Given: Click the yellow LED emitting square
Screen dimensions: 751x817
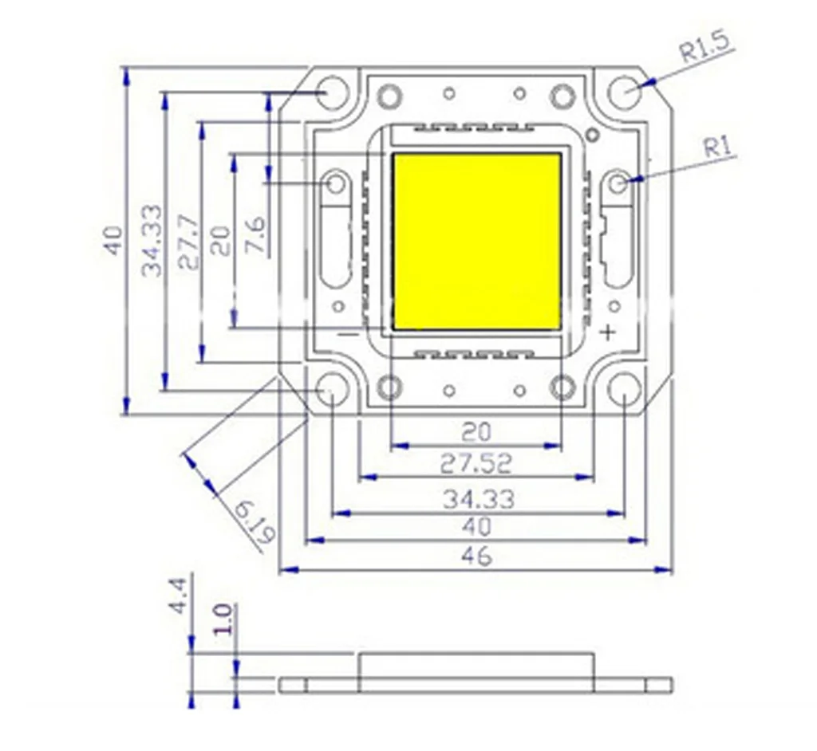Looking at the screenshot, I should point(477,242).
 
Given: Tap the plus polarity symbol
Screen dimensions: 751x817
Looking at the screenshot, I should point(609,332).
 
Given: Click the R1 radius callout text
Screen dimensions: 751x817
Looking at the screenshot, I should point(718,146).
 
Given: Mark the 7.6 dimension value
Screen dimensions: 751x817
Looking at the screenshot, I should point(255,236).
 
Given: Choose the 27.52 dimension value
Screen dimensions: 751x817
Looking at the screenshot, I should point(476,462).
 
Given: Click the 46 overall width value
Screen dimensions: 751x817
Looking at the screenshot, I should point(476,556).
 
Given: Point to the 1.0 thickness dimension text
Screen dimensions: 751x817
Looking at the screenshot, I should point(223,619).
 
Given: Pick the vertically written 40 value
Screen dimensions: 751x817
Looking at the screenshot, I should point(113,240).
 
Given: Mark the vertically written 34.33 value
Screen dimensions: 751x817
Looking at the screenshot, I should point(152,241).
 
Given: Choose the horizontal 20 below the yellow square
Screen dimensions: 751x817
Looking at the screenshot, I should point(476,431).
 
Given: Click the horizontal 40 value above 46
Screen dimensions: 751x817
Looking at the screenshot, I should point(476,527).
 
